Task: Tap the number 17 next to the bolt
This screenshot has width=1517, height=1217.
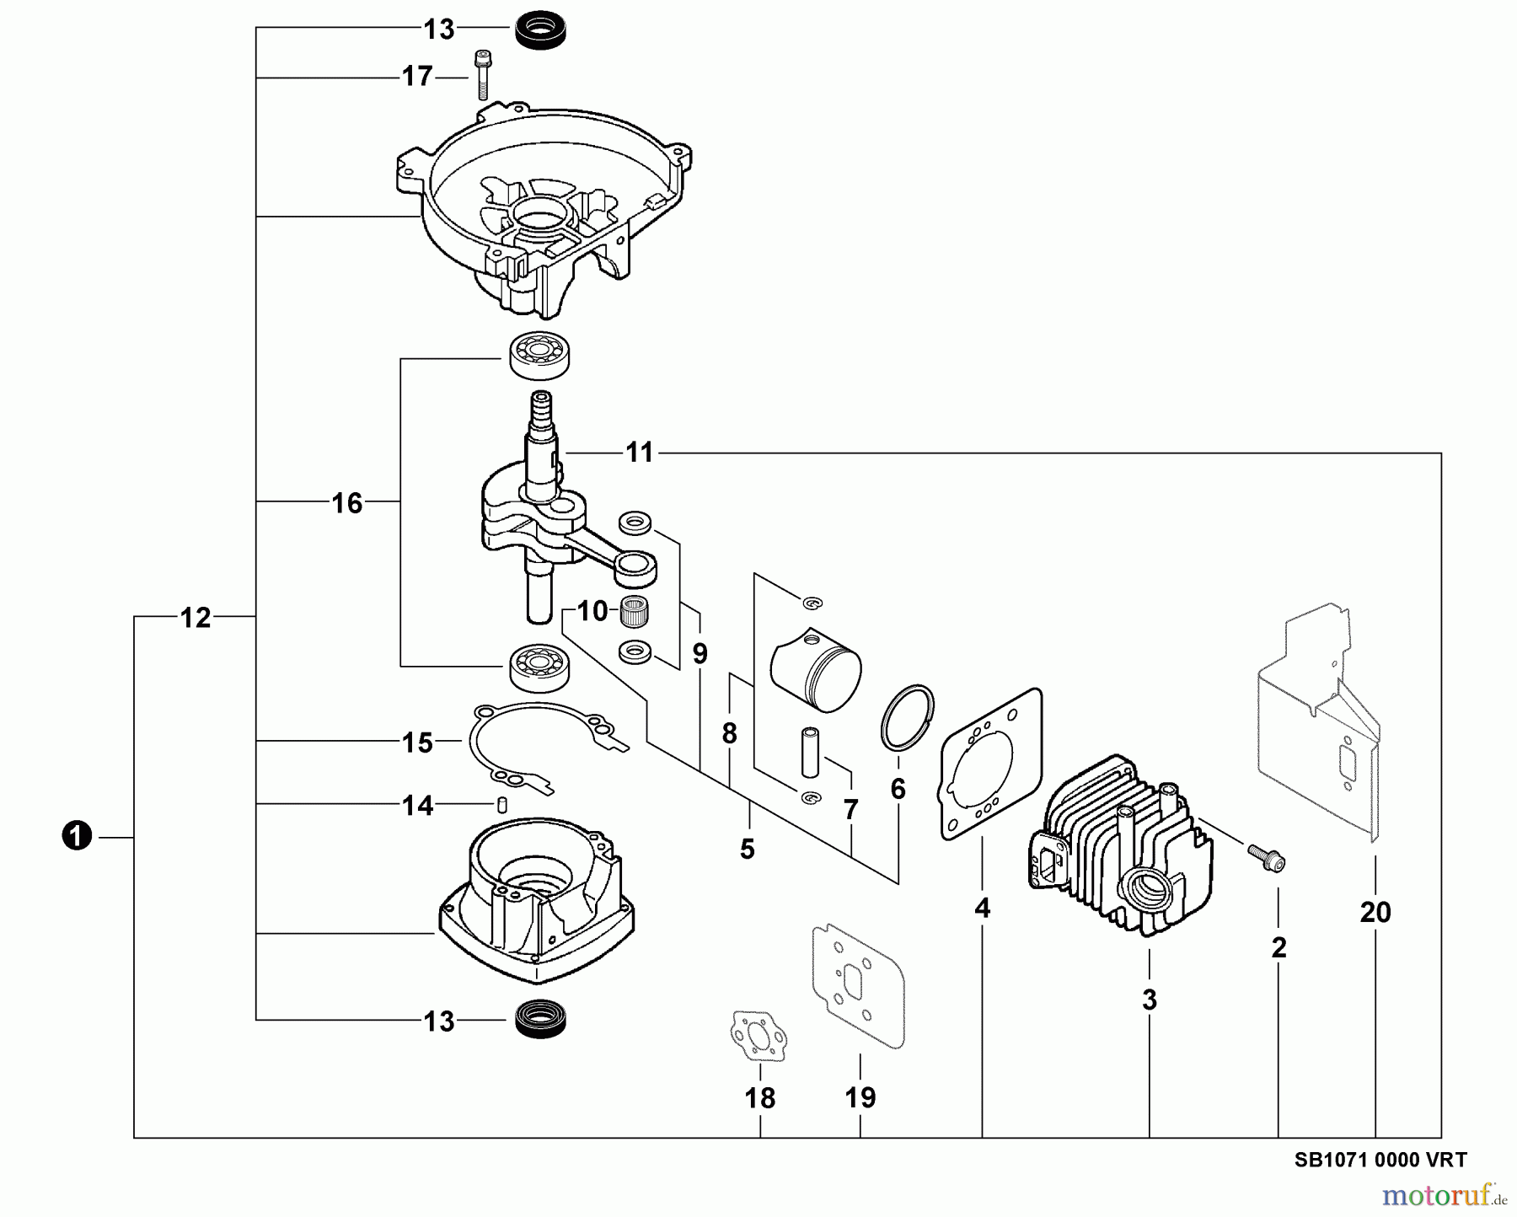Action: tap(416, 77)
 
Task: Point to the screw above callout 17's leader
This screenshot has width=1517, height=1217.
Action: tap(482, 75)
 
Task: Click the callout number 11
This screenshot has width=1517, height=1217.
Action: tap(640, 453)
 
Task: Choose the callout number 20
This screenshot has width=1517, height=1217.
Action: tap(1375, 912)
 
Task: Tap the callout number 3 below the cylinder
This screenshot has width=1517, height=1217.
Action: tap(1150, 1000)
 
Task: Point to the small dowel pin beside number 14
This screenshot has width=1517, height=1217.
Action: tap(501, 805)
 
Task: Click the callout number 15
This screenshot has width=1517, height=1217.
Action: tap(417, 743)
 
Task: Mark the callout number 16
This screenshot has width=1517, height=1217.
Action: tap(347, 503)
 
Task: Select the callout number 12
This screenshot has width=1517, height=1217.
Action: tap(196, 618)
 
